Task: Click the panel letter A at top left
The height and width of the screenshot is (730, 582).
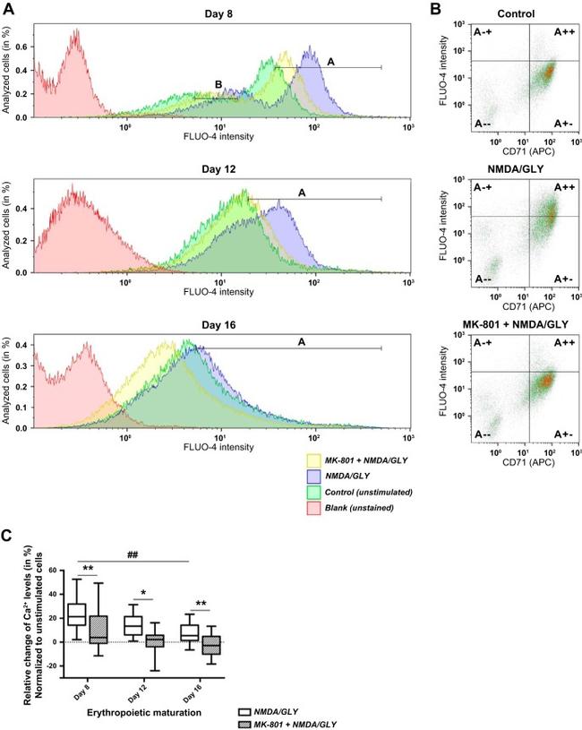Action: click(8, 8)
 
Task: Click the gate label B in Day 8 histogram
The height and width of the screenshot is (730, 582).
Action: click(218, 85)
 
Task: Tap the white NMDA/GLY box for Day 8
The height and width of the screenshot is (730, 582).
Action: click(76, 614)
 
